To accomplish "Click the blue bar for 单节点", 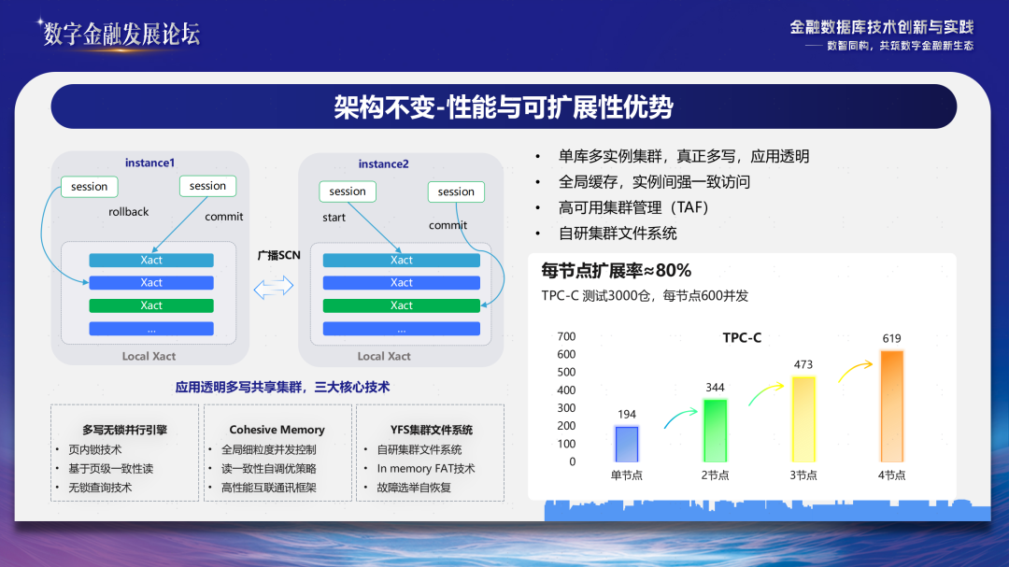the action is pos(626,444).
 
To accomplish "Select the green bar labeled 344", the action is pos(715,431).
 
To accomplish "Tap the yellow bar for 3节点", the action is pos(803,419).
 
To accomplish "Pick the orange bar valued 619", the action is pos(891,406).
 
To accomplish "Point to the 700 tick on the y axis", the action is pos(566,336).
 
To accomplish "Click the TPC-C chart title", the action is pos(742,338).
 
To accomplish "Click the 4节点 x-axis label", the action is pos(891,475).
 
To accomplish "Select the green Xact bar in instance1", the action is pos(151,305).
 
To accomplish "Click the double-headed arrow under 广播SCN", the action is pos(274,287).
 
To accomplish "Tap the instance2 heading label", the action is pos(384,164).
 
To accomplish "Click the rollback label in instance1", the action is pos(129,212).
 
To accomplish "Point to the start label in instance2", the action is pos(334,218).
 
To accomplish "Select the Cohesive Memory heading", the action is pos(277,430).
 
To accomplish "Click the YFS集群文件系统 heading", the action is pos(431,430).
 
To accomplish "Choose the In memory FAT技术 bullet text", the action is pos(426,469).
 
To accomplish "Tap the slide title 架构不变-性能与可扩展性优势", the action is pos(504,106).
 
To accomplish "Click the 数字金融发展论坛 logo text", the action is pos(121,34).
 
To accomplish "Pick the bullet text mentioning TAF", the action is pos(633,207).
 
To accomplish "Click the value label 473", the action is pos(803,364).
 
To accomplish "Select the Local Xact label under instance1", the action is pos(149,356).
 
